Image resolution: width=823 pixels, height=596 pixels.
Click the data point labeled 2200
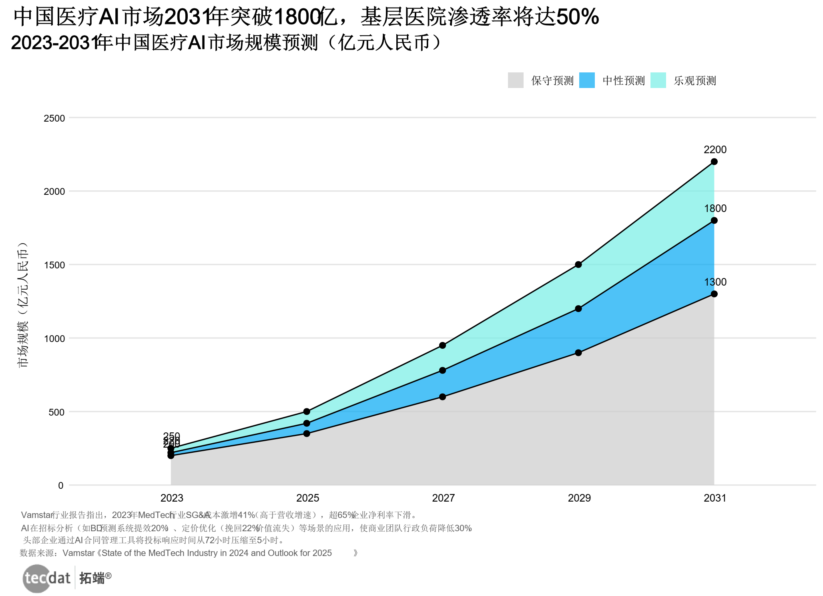tap(714, 162)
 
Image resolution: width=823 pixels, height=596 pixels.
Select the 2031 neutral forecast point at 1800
tap(714, 220)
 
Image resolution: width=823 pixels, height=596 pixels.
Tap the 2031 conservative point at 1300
tap(714, 294)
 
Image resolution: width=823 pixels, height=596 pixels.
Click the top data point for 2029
tap(578, 264)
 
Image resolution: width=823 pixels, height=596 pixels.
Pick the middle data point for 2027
tap(443, 370)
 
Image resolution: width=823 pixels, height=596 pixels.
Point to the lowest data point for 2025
tap(307, 433)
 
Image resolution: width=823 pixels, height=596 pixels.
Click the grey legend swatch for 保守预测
tap(516, 80)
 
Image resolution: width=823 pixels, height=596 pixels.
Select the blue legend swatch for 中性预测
tap(587, 80)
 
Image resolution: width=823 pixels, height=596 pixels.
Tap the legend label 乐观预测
tap(695, 81)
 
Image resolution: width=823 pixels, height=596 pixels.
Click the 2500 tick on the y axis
tap(54, 118)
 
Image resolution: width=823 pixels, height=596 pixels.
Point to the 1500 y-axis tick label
tap(54, 265)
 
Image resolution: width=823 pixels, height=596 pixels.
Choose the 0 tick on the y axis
tap(61, 486)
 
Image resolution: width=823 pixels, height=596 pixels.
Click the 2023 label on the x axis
tap(172, 498)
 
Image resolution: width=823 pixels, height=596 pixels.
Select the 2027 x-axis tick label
tap(444, 498)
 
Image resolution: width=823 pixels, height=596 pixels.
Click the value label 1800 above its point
tap(715, 208)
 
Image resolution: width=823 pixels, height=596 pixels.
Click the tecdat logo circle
tap(37, 578)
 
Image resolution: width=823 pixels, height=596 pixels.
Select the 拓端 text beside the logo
tap(92, 578)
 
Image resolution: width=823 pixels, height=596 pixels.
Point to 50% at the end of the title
tap(578, 17)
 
